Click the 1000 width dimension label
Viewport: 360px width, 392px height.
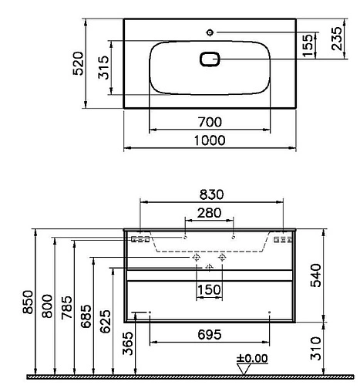(x=210, y=140)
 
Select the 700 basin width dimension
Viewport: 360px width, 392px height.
(x=210, y=122)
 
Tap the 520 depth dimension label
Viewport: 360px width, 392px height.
(x=79, y=63)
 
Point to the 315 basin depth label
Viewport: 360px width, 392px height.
(x=104, y=67)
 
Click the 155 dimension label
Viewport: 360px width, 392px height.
(x=308, y=46)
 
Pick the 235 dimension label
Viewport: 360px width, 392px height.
(x=337, y=39)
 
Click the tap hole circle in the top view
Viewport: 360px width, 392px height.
(x=210, y=32)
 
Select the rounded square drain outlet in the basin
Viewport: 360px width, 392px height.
(x=210, y=59)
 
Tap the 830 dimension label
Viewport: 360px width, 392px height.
(x=211, y=194)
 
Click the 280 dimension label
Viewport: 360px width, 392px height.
(x=209, y=213)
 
